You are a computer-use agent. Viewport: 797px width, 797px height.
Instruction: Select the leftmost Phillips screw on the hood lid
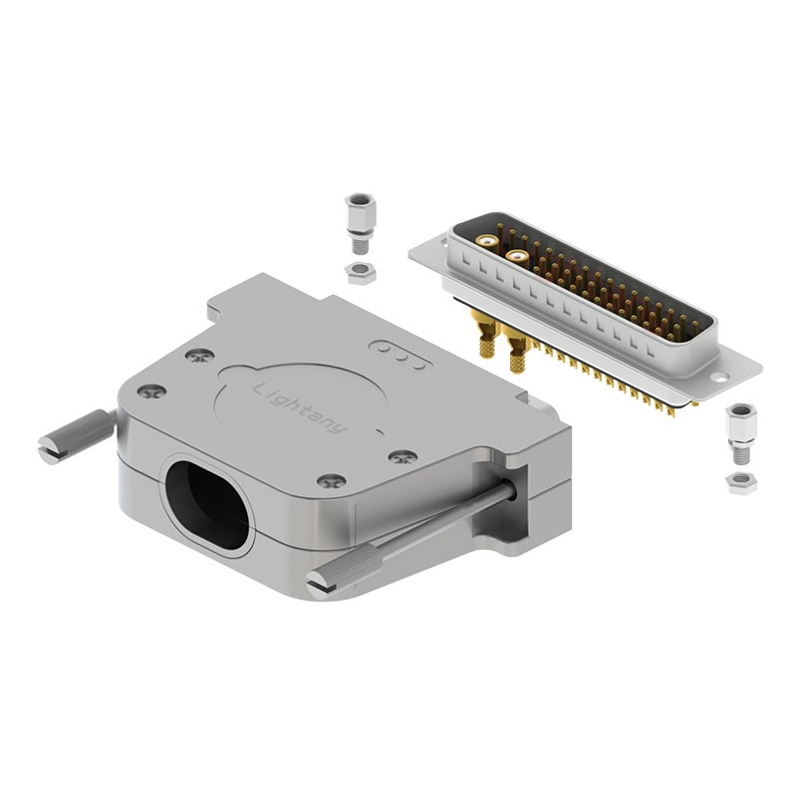[x=152, y=391]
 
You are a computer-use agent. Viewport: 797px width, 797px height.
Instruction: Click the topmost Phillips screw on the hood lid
[x=200, y=357]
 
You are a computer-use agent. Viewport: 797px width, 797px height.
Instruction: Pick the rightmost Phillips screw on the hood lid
[x=403, y=456]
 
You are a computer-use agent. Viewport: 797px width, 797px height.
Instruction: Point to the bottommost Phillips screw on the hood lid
[x=332, y=481]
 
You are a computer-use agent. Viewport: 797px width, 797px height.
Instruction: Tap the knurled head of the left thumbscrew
[x=93, y=428]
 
